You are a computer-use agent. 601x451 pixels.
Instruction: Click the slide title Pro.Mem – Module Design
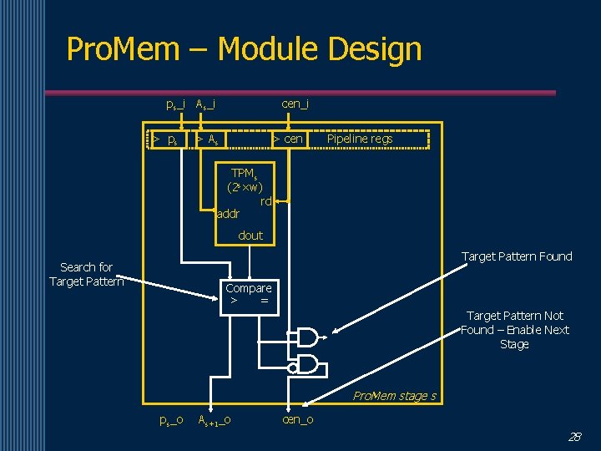244,49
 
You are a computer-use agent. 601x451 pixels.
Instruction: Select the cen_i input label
295,104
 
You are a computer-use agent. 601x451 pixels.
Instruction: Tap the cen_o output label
298,419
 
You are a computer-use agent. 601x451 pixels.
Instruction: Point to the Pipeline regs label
359,139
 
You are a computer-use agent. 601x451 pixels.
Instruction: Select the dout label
250,236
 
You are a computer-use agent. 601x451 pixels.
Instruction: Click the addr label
228,214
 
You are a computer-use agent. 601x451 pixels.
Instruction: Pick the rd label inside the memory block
266,200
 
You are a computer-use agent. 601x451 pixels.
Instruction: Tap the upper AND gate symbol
307,337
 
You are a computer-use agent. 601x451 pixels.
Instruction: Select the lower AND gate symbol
307,363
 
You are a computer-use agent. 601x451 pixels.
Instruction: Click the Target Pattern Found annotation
517,256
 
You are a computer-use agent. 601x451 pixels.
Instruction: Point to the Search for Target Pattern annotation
86,274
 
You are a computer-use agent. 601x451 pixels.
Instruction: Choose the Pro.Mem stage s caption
394,396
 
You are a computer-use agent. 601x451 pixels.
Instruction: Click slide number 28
574,437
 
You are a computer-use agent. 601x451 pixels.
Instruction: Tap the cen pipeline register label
293,139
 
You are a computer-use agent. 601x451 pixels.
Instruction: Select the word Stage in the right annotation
514,344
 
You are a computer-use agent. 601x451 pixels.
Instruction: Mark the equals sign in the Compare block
264,301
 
